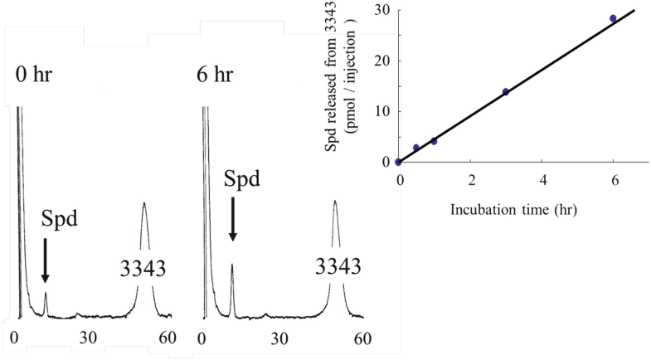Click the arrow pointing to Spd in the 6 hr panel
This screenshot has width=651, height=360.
[232, 218]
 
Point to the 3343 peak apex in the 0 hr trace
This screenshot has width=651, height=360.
[144, 203]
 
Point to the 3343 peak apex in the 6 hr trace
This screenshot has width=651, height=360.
[335, 201]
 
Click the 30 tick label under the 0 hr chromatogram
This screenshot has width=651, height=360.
[89, 338]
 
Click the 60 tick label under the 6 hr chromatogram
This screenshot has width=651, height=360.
[362, 338]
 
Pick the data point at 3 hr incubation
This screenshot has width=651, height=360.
[506, 91]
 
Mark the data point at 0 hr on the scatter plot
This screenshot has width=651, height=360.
[399, 162]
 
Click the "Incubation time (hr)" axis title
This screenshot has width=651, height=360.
[513, 210]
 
